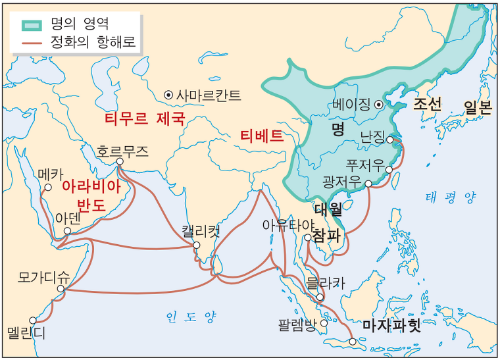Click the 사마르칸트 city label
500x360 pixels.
pos(208,95)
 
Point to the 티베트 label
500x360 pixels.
pos(261,136)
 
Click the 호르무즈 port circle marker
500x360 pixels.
pos(119,162)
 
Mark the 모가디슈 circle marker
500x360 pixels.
pos(61,288)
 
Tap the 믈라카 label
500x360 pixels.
pos(326,283)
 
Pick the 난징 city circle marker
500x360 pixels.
pos(390,140)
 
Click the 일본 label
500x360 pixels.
pos(477,107)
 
